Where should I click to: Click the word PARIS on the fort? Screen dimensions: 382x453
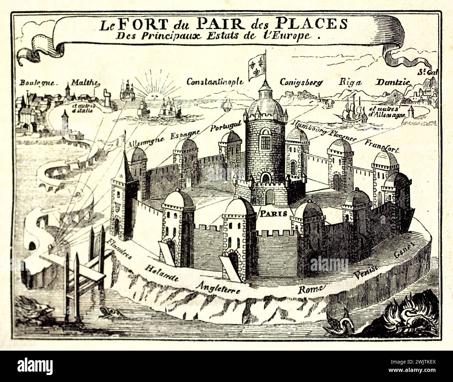[x=273, y=213]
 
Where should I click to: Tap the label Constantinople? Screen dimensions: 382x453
[x=215, y=82]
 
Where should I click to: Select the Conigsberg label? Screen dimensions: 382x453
[x=301, y=83]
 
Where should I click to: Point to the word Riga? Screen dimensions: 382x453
[x=351, y=82]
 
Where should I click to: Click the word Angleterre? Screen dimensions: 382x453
[x=218, y=288]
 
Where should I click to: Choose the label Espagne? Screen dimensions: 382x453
[x=185, y=134]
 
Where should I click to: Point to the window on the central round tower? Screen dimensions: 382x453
[x=266, y=142]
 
